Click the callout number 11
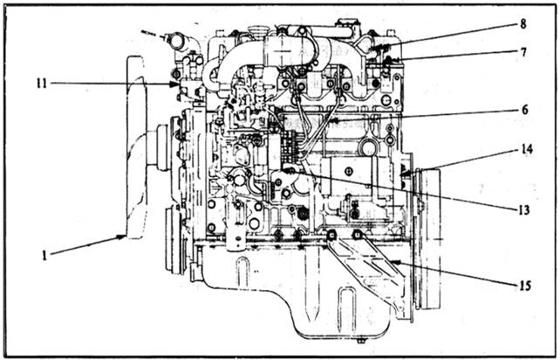click(40, 83)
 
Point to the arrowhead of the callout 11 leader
click(181, 85)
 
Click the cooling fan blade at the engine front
click(134, 148)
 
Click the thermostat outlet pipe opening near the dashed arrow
click(176, 41)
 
